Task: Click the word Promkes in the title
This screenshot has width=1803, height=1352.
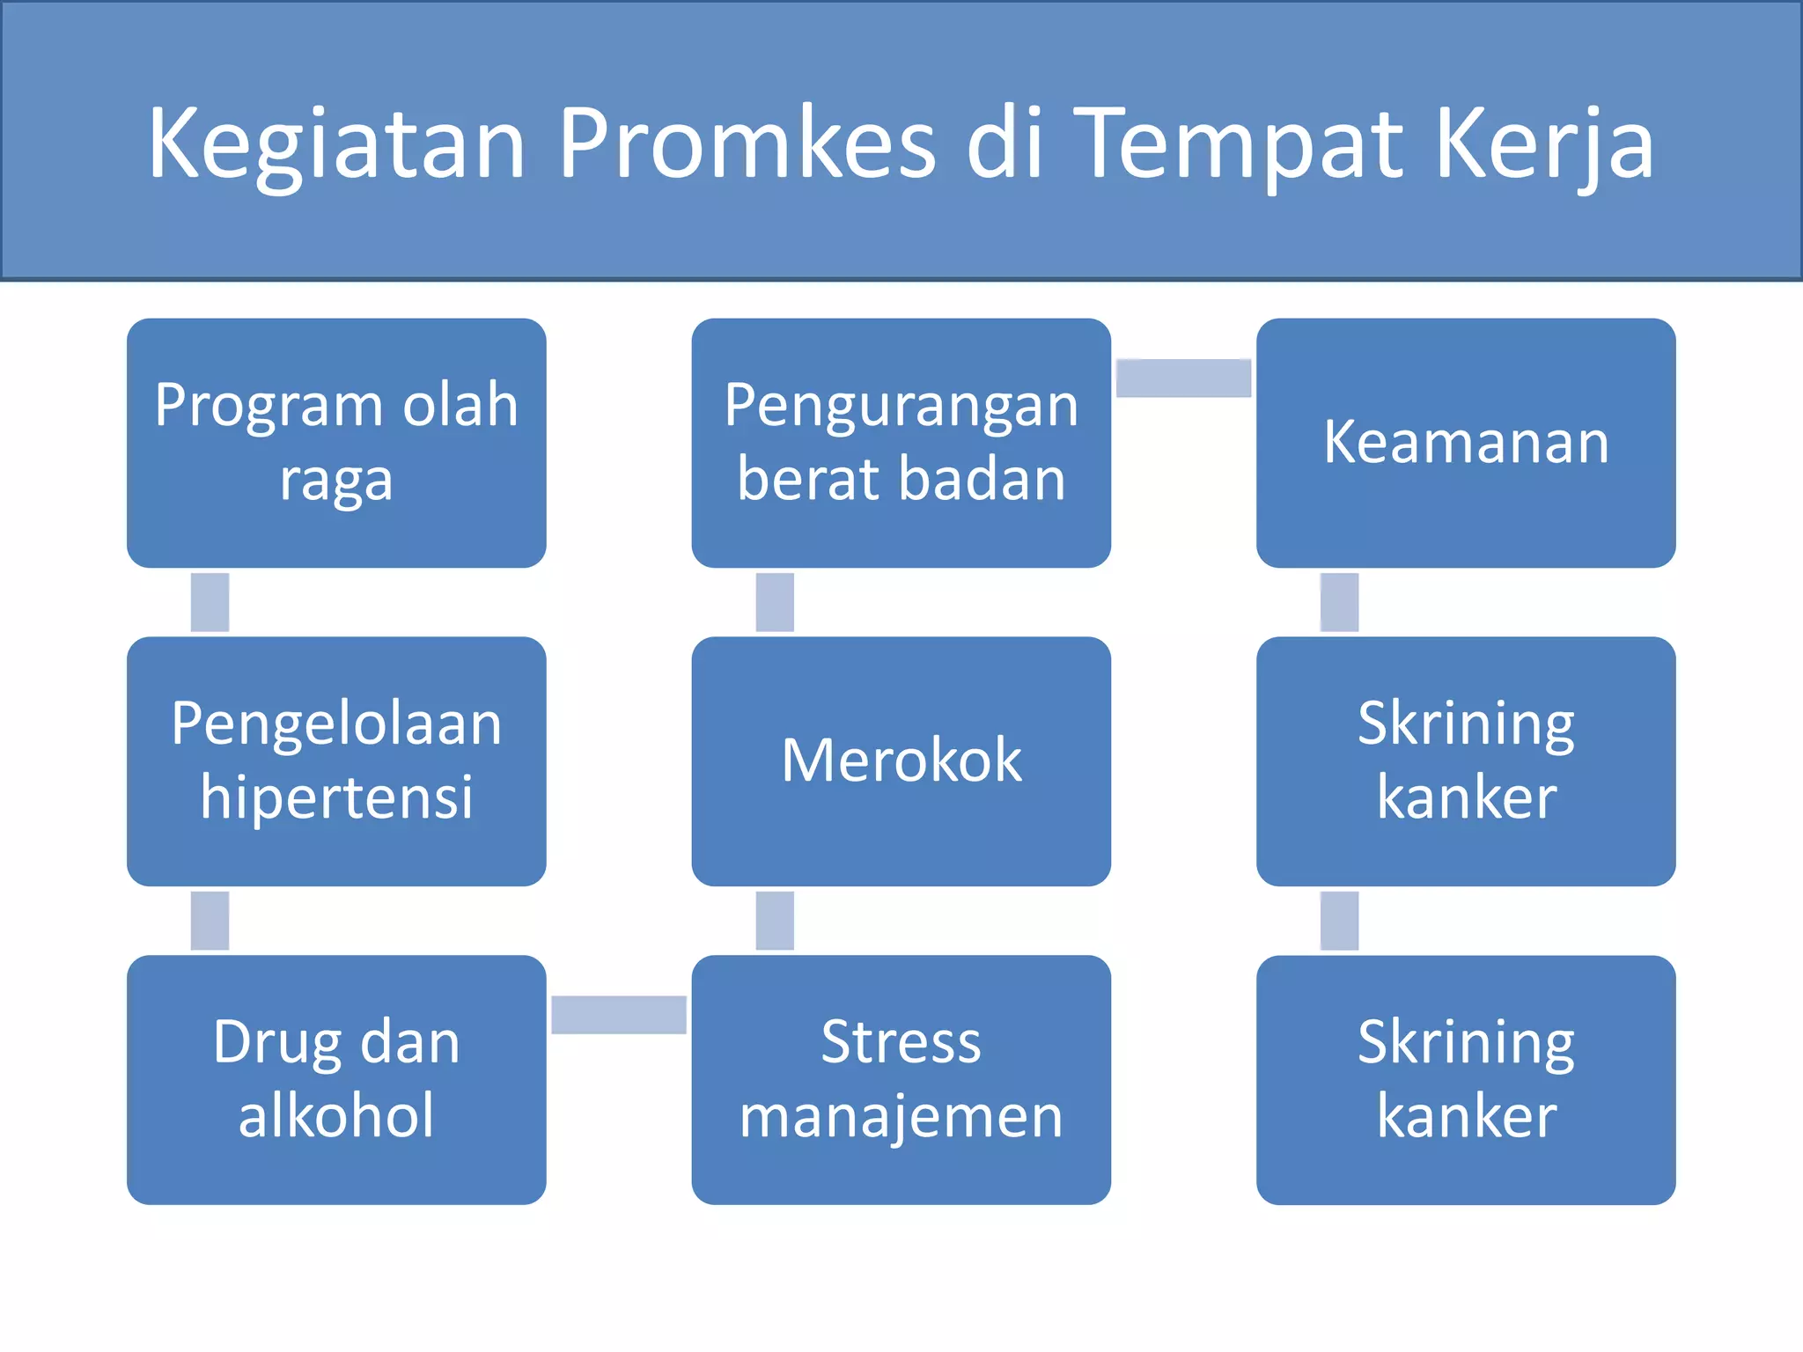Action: pos(747,143)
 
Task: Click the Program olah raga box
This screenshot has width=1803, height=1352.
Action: pos(336,443)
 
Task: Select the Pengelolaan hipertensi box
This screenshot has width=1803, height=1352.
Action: pos(336,760)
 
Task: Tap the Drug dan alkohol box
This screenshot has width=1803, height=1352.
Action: pos(336,1079)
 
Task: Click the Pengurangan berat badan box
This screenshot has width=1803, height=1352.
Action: pos(901,443)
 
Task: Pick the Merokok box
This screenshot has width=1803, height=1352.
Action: pos(901,760)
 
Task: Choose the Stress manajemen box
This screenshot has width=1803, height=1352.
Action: pos(901,1079)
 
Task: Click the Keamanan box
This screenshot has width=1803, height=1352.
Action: pos(1465,443)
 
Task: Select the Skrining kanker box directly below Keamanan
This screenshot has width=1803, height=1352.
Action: pos(1465,760)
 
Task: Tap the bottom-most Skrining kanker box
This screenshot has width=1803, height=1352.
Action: pos(1465,1079)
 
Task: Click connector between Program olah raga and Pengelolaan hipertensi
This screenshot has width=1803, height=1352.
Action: pos(210,602)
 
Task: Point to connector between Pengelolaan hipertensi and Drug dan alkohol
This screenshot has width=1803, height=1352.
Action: pos(210,921)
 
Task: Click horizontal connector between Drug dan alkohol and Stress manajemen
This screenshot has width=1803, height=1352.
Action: pos(619,1014)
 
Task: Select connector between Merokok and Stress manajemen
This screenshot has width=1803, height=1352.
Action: pos(775,921)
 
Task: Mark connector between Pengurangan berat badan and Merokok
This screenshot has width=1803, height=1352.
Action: pos(775,602)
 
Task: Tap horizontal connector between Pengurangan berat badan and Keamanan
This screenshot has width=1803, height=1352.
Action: pos(1183,378)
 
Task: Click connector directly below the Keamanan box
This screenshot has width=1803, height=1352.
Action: pos(1339,602)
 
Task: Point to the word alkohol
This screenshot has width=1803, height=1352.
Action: pos(336,1116)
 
